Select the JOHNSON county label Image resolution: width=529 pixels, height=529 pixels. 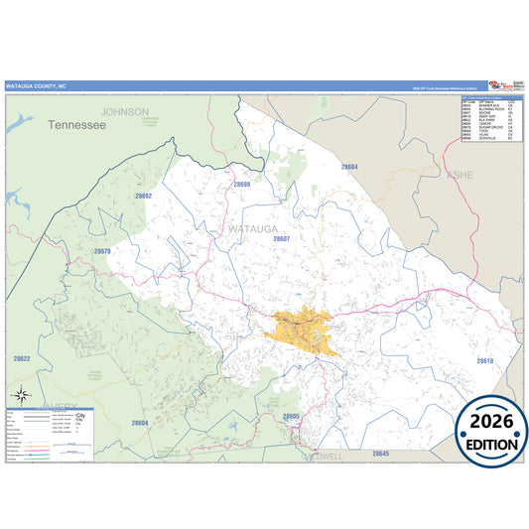tap(125, 112)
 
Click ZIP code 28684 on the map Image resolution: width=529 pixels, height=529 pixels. tap(349, 167)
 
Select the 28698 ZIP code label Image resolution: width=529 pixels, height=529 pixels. tap(242, 185)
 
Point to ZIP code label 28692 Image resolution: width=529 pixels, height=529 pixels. tap(144, 196)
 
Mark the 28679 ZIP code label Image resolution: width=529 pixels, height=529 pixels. tap(102, 251)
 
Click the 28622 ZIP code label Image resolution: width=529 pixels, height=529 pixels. tap(22, 358)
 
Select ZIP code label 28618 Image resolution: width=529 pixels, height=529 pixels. tap(484, 360)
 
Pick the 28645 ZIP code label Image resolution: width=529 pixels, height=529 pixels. tap(381, 453)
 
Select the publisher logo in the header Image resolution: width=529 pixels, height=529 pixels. tap(494, 86)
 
